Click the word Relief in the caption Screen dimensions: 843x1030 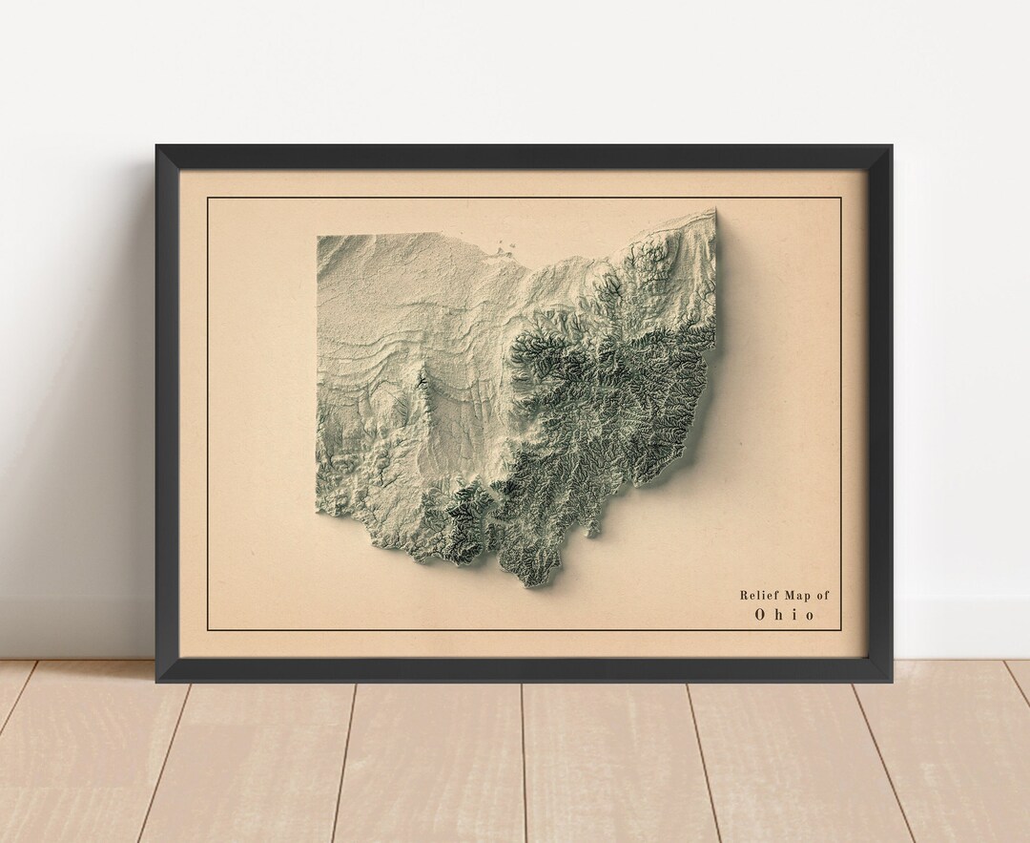pos(756,596)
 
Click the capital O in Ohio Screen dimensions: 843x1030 pos(761,615)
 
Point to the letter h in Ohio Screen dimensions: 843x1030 pos(778,615)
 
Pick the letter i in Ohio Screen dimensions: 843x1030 pos(793,615)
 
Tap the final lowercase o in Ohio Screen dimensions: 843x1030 pos(810,615)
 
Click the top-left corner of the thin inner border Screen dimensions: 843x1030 pos(208,198)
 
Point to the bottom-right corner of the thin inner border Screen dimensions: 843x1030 pos(841,630)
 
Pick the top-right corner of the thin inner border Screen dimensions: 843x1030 pos(841,198)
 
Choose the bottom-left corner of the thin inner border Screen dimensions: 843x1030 pos(208,630)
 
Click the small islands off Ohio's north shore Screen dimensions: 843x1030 pos(502,250)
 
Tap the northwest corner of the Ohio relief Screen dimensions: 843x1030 pos(319,236)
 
